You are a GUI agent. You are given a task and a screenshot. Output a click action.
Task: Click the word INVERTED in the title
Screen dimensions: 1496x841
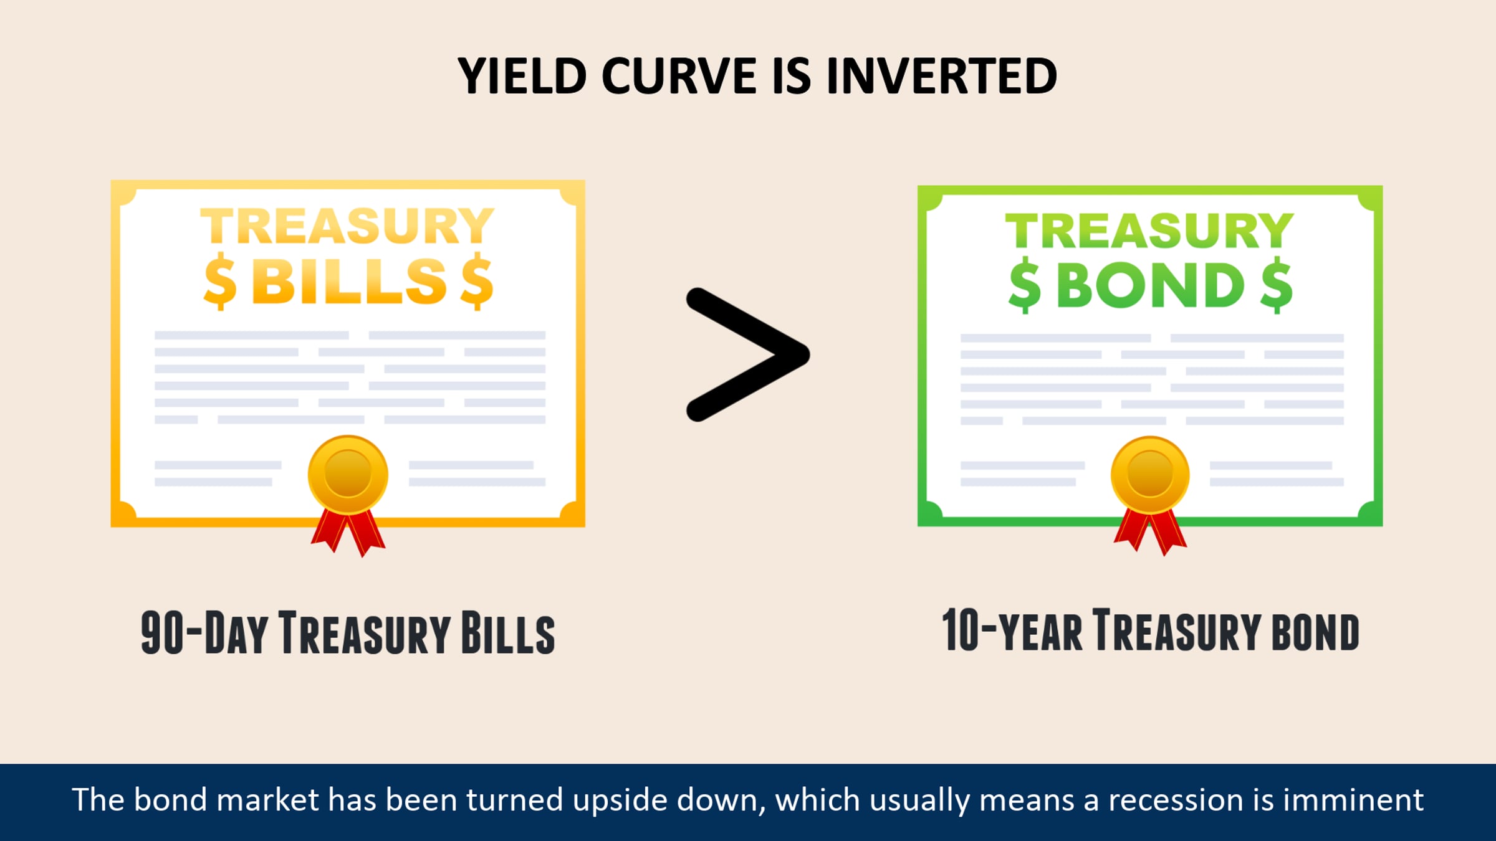click(942, 76)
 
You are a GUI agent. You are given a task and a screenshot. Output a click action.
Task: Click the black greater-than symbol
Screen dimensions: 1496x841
click(748, 354)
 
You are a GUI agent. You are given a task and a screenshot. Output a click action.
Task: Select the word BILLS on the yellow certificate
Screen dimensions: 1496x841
click(350, 281)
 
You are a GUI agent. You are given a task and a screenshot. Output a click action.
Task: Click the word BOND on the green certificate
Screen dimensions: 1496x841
click(1151, 285)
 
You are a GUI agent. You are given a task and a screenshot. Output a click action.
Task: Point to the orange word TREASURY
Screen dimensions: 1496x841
click(347, 226)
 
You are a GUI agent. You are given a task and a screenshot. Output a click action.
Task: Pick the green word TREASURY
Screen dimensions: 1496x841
click(1149, 230)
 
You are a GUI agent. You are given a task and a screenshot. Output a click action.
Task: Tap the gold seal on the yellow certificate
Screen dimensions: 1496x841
click(348, 475)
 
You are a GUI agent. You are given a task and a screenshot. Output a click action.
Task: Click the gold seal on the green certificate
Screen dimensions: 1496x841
click(1150, 475)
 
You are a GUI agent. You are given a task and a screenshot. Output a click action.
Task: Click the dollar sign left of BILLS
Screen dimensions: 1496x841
click(220, 282)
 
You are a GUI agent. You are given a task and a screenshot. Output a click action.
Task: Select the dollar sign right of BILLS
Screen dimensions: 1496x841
click(477, 282)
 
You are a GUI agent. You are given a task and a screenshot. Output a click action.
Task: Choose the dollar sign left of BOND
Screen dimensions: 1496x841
click(1025, 285)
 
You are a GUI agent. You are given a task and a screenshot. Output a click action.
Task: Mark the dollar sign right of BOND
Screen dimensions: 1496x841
click(1276, 285)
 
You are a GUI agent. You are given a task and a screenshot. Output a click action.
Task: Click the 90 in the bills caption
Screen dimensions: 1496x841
click(162, 633)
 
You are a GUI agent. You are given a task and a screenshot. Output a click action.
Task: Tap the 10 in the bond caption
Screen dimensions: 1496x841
click(961, 630)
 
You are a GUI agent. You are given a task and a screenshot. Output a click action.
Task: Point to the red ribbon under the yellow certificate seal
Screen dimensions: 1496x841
click(348, 533)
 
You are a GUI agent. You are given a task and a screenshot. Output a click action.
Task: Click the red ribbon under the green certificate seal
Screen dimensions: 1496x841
click(1150, 532)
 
